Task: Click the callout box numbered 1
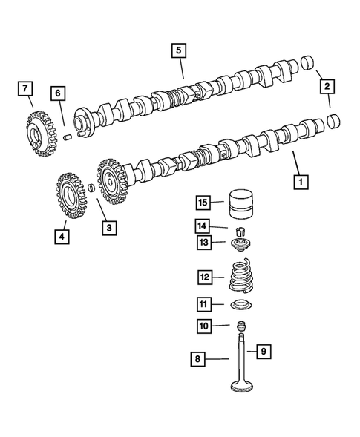pos(301,180)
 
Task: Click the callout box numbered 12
pos(204,277)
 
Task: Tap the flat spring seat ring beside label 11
pos(240,306)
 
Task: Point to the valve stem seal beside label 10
pos(240,326)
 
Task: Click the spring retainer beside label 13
pos(240,243)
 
